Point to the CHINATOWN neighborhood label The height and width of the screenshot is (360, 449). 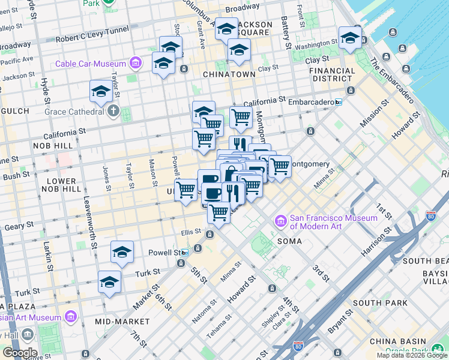point(229,74)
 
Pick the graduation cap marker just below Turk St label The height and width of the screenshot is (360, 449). point(110,281)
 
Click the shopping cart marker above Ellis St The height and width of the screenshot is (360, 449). point(219,212)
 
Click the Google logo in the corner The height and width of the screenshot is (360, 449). point(20,353)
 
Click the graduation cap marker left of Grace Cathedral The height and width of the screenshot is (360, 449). point(101,91)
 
